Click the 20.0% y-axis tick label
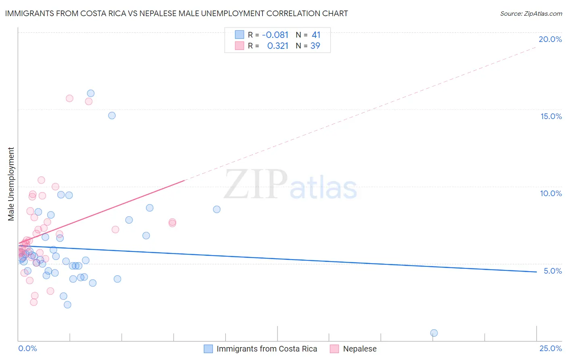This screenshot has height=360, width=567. (x=550, y=39)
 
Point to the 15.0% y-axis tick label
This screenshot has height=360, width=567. (x=551, y=116)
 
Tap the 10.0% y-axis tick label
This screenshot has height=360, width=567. (x=551, y=193)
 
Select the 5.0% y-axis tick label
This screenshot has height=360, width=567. (x=552, y=271)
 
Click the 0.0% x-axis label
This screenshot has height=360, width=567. (x=27, y=348)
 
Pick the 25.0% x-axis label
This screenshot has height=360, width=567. (x=550, y=348)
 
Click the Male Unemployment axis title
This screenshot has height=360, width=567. (x=11, y=184)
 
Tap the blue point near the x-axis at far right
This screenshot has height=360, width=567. (x=434, y=333)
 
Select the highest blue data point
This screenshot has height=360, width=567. (x=91, y=93)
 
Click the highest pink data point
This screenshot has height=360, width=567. (x=69, y=98)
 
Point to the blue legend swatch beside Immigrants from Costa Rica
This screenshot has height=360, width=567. (x=208, y=349)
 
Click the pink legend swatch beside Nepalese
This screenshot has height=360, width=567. (x=334, y=349)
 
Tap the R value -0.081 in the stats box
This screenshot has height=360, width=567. (x=275, y=35)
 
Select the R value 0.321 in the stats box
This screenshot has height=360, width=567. (x=277, y=46)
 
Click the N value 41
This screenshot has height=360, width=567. (x=316, y=35)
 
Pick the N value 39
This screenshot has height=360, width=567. (x=315, y=46)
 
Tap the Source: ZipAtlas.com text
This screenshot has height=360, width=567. (x=531, y=13)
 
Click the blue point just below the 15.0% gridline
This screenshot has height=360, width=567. (x=112, y=115)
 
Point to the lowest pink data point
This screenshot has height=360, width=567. (x=34, y=302)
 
